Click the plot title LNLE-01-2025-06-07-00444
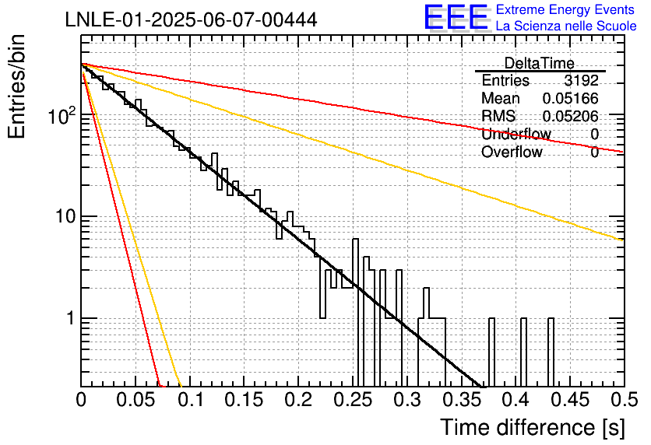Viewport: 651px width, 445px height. pyautogui.click(x=191, y=19)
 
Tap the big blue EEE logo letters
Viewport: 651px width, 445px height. pyautogui.click(x=456, y=17)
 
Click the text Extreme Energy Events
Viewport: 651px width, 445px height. pyautogui.click(x=565, y=9)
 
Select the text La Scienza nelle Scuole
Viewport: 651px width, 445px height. pyautogui.click(x=566, y=26)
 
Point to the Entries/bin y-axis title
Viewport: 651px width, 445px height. pyautogui.click(x=16, y=86)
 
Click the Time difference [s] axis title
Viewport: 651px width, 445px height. pyautogui.click(x=533, y=427)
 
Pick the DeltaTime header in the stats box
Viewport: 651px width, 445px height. pyautogui.click(x=540, y=63)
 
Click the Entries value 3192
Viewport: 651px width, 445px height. pyautogui.click(x=581, y=80)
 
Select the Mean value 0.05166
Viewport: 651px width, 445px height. pyautogui.click(x=571, y=98)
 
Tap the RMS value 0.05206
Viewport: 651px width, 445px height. pyautogui.click(x=571, y=117)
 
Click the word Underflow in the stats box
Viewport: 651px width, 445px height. pyautogui.click(x=516, y=134)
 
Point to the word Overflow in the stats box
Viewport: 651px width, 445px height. pyautogui.click(x=512, y=152)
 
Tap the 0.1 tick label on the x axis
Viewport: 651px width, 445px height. pyautogui.click(x=191, y=400)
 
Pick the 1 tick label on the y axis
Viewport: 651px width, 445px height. pyautogui.click(x=70, y=318)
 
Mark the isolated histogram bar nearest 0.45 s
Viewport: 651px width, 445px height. pyautogui.click(x=551, y=352)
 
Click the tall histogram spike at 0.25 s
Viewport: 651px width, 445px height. pyautogui.click(x=355, y=313)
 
